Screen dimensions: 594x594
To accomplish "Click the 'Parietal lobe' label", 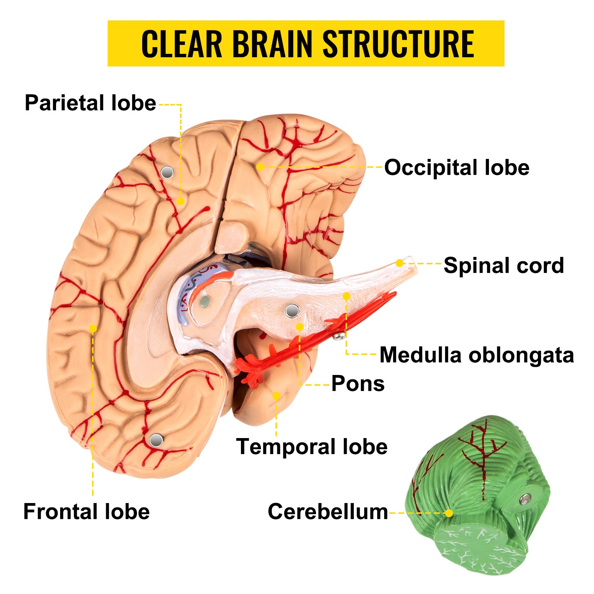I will coord(90,103).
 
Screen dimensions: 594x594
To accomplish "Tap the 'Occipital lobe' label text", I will coord(457,167).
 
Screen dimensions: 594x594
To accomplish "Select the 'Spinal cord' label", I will coord(504,265).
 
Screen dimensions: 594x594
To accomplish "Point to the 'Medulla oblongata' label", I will coord(477,355).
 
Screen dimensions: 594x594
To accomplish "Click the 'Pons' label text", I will coord(358,384).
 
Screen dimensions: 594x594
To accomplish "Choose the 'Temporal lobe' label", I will coord(312,446).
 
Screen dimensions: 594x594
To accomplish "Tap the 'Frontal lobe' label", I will coord(87,511).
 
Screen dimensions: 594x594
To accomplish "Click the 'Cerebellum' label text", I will coord(327,512).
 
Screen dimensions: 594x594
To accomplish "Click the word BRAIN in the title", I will coord(272,44).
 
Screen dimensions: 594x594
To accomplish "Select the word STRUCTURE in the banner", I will coord(398,44).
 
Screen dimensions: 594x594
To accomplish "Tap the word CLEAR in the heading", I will coord(182,44).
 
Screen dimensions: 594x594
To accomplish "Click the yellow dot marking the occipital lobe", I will coord(260,167).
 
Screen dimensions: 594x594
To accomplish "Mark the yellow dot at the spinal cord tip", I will coord(399,263).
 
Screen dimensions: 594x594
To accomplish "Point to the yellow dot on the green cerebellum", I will coord(449,513).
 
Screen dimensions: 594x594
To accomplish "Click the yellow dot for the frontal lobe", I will coord(93,328).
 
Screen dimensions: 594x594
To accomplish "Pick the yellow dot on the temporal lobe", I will coord(276,395).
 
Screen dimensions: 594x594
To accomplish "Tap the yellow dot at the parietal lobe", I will coord(180,201).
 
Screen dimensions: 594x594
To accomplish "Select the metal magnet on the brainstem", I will coord(292,311).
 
